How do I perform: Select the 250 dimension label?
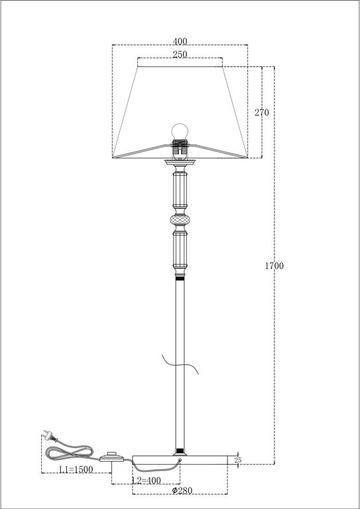click(x=179, y=55)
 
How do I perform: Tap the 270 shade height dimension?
click(x=262, y=112)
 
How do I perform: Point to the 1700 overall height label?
click(x=274, y=266)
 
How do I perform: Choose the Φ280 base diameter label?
click(x=180, y=491)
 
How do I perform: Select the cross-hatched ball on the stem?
click(x=179, y=219)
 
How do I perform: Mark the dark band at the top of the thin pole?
click(x=179, y=280)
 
